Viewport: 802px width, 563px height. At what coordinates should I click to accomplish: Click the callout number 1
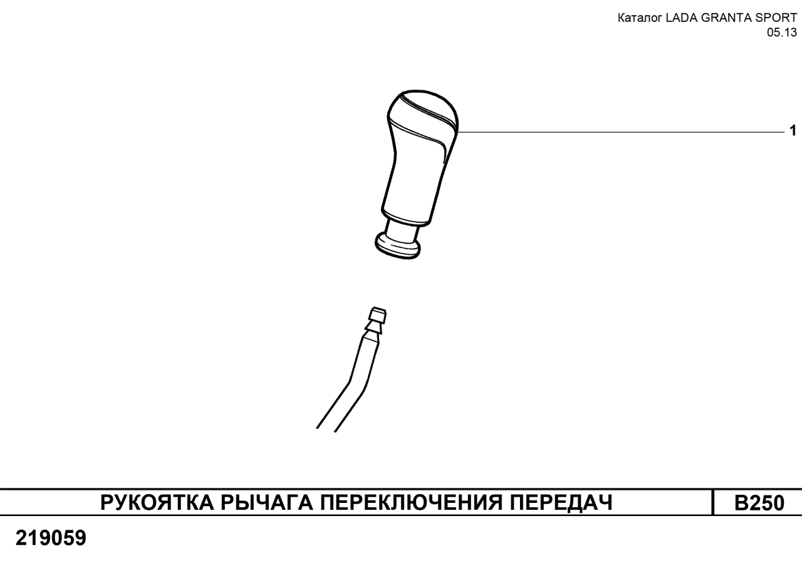pyautogui.click(x=793, y=130)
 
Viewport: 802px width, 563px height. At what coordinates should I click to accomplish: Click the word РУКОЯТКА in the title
pyautogui.click(x=157, y=502)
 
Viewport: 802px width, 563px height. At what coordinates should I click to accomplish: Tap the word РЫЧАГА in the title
pyautogui.click(x=266, y=502)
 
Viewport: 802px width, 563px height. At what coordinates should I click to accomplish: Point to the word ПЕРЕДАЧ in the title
pyautogui.click(x=561, y=502)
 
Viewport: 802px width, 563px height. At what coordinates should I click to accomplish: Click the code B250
pyautogui.click(x=759, y=503)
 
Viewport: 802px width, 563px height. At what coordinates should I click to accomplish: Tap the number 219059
pyautogui.click(x=51, y=538)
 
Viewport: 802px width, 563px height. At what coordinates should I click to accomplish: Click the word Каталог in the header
pyautogui.click(x=640, y=18)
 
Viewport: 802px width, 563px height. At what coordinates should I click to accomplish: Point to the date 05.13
pyautogui.click(x=782, y=32)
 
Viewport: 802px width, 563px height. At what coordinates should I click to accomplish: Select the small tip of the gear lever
pyautogui.click(x=378, y=314)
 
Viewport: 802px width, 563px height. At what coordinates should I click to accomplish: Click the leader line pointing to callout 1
pyautogui.click(x=621, y=132)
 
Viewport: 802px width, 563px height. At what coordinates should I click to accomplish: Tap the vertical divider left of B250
pyautogui.click(x=713, y=502)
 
